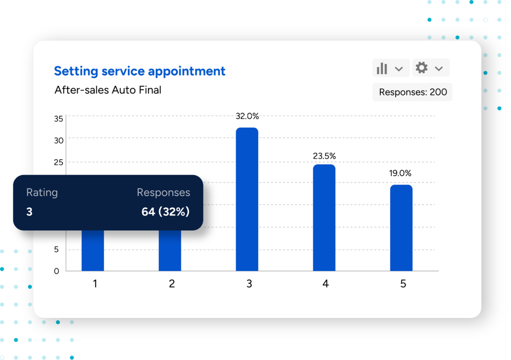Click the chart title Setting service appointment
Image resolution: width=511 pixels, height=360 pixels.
[140, 71]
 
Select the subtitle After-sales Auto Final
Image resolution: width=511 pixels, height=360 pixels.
[108, 90]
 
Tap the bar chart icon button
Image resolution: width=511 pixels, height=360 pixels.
[382, 68]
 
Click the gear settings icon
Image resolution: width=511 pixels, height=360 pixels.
[422, 68]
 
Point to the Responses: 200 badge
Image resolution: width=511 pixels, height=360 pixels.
[413, 92]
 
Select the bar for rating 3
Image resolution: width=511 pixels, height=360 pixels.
[247, 199]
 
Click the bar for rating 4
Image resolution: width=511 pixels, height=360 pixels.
[324, 218]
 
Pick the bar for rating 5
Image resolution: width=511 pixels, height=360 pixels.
[401, 228]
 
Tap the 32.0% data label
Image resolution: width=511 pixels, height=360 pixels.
[247, 116]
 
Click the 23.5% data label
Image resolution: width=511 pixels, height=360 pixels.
[324, 156]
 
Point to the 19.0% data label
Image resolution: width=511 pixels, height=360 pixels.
[400, 173]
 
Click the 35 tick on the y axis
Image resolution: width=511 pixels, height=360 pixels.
[59, 119]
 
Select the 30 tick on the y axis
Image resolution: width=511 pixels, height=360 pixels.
[59, 141]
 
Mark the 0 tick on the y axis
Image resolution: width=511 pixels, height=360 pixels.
[57, 271]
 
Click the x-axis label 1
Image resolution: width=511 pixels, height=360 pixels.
[95, 284]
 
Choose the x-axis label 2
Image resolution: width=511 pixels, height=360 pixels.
[172, 284]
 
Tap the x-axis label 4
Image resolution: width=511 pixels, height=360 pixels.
[325, 284]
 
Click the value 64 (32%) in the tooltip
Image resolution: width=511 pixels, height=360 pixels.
[165, 212]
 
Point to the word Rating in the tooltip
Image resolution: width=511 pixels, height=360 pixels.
[42, 192]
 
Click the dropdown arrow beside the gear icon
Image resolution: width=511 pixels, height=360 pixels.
[439, 69]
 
